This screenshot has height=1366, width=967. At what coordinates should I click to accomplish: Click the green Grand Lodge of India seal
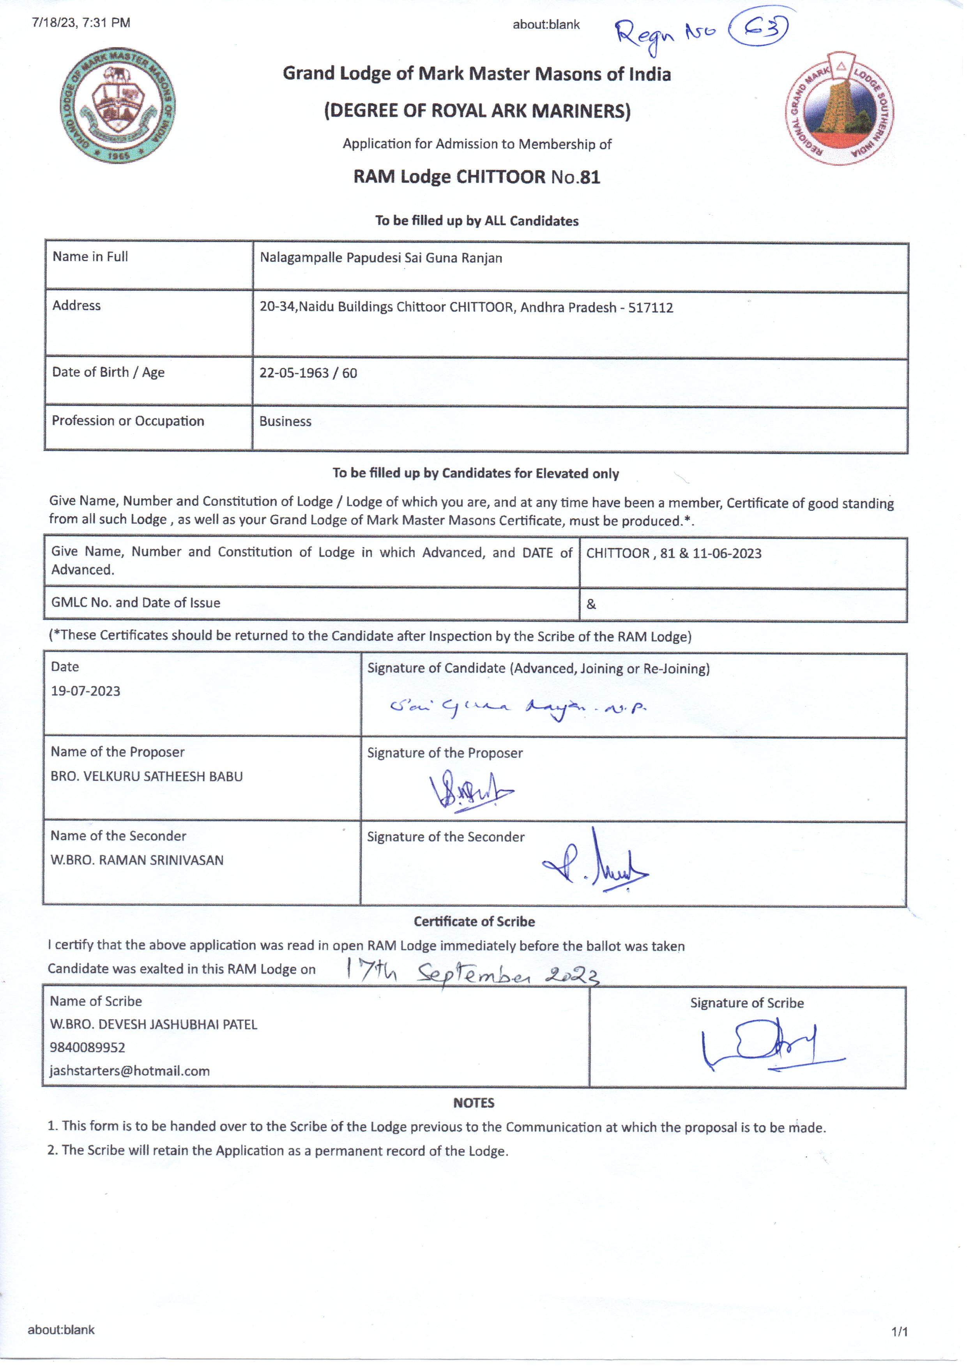point(118,105)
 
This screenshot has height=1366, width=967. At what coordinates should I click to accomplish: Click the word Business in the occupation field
point(285,422)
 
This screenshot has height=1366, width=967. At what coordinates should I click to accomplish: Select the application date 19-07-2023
point(86,691)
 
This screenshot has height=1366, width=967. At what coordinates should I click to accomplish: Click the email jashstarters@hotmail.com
point(130,1071)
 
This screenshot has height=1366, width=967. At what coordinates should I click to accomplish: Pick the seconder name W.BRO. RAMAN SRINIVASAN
point(137,860)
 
